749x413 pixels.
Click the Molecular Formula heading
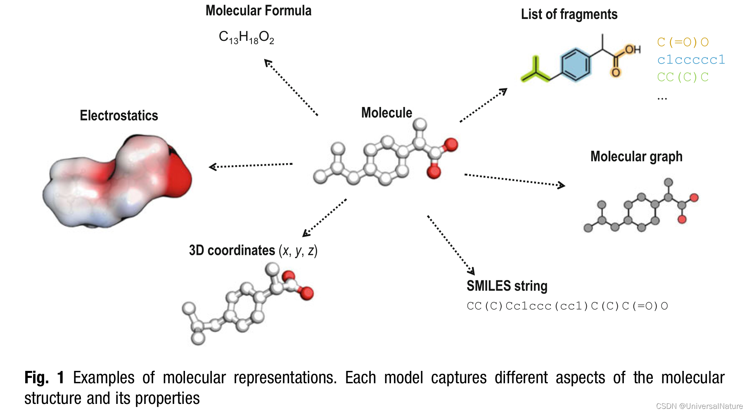[258, 11]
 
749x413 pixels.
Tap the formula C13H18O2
[247, 37]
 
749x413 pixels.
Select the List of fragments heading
[569, 14]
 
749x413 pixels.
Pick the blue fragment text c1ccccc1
[691, 60]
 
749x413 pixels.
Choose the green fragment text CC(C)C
[683, 77]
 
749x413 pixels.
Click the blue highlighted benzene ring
[575, 65]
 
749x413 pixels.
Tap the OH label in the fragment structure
[632, 50]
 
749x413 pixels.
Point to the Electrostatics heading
[119, 116]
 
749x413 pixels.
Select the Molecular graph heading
[636, 157]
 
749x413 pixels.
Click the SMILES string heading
[507, 286]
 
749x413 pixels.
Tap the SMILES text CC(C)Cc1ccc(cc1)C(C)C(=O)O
[567, 306]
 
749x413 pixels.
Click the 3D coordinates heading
[253, 251]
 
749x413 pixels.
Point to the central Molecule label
[386, 113]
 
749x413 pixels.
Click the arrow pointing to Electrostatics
[251, 166]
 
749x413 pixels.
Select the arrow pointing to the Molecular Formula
[291, 87]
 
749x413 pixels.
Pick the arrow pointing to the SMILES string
[451, 245]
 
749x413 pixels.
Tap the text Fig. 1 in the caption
[44, 377]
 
